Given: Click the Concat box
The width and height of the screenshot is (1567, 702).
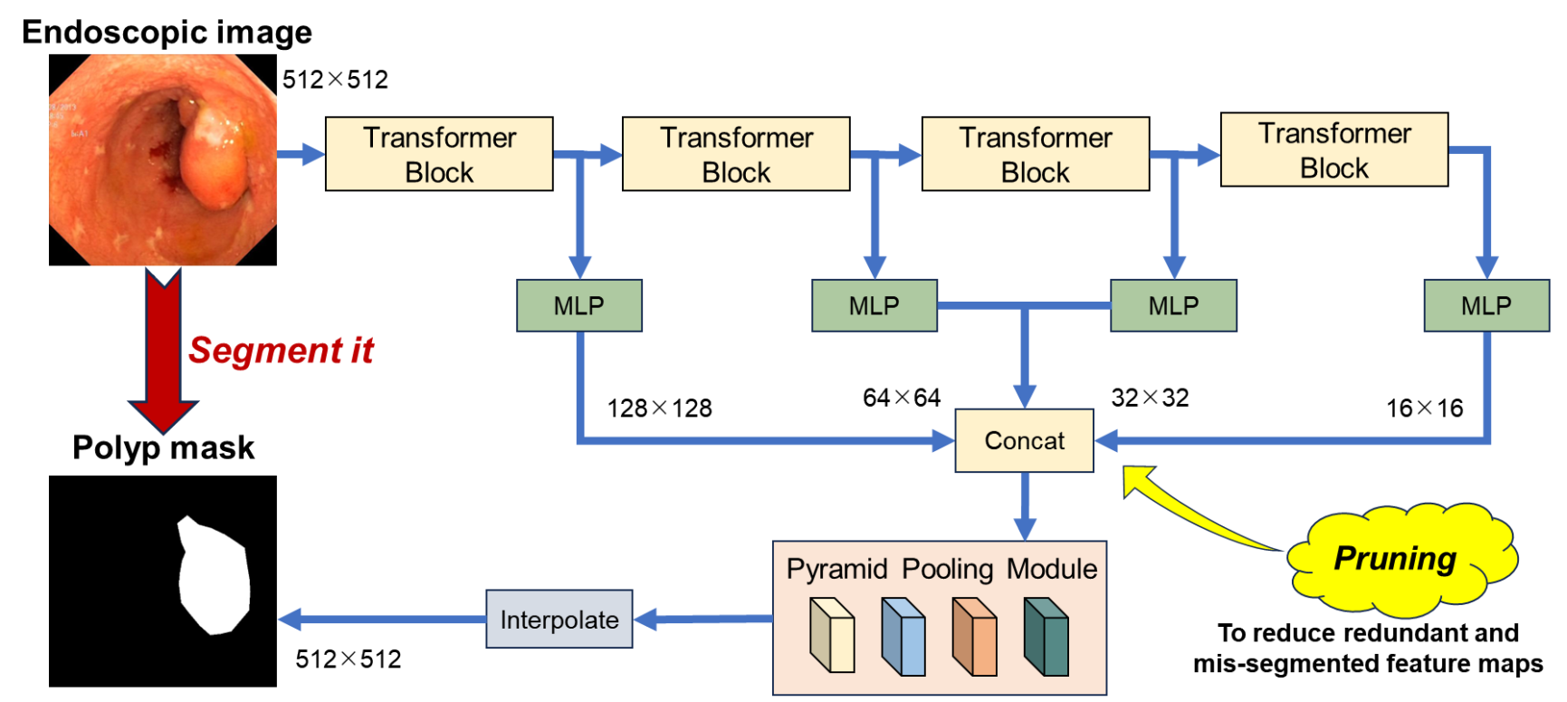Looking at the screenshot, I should [x=1024, y=440].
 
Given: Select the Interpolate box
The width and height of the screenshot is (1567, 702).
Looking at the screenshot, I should [x=559, y=620].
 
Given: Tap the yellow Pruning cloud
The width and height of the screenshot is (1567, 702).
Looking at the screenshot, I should [x=1400, y=558].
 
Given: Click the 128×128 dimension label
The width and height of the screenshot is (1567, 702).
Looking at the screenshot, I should [x=659, y=409].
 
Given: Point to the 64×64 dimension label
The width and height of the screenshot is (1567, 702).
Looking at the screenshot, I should [x=901, y=398].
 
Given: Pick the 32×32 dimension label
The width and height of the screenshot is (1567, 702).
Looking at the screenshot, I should [x=1150, y=398].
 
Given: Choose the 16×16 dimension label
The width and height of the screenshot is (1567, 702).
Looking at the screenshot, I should [x=1424, y=409].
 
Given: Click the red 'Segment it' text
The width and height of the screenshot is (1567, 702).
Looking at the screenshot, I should [x=281, y=351].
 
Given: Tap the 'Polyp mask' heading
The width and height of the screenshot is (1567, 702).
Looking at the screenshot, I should [x=163, y=447].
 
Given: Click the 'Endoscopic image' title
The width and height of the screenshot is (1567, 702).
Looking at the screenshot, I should [x=167, y=33].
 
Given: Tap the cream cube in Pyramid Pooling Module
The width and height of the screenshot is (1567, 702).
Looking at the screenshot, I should [x=832, y=636].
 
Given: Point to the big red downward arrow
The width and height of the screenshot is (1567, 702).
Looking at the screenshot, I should [x=163, y=349].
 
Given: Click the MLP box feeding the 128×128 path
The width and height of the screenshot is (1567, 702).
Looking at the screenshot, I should [x=579, y=305].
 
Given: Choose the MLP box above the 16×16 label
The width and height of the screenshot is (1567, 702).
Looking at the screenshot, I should [x=1486, y=305].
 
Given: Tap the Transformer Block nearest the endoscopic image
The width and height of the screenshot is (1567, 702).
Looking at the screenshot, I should [x=439, y=154].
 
